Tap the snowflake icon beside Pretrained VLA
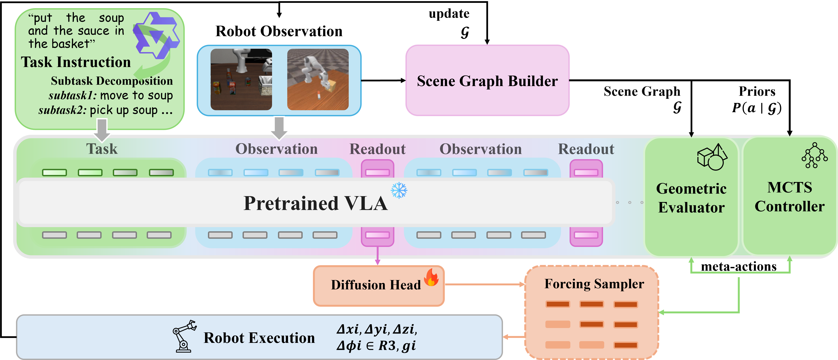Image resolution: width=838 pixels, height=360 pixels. [x=399, y=190]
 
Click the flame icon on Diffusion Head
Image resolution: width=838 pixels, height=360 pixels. [x=431, y=277]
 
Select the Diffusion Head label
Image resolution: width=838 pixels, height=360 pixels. [x=376, y=285]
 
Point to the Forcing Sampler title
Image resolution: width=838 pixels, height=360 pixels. [x=594, y=284]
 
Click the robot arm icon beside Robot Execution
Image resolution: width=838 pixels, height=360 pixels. [x=184, y=336]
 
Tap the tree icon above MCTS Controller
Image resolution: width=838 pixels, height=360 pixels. [x=814, y=155]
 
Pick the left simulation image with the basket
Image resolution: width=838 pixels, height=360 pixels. [x=241, y=79]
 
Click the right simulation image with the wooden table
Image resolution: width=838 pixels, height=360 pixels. [x=318, y=79]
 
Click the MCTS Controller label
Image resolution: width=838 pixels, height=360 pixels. [x=789, y=197]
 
